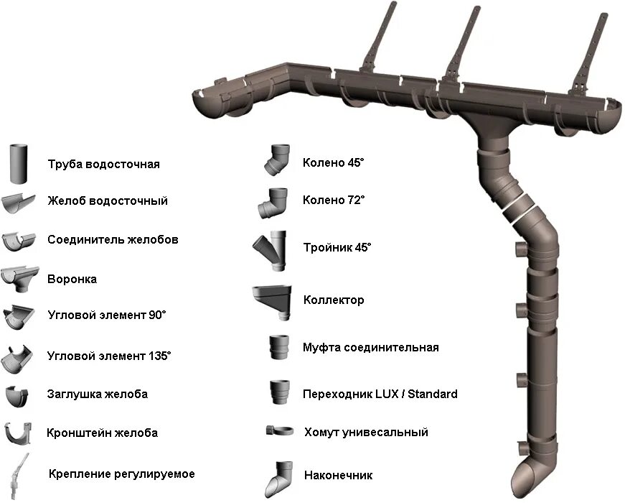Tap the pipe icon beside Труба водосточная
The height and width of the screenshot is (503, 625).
tap(19, 164)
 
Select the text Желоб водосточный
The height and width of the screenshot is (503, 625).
tap(108, 200)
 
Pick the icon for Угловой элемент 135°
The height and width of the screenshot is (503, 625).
tap(19, 356)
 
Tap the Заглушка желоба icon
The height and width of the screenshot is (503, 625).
tap(18, 395)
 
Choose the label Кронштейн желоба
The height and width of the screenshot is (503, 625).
tap(102, 433)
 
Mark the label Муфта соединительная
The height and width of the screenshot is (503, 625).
tap(370, 348)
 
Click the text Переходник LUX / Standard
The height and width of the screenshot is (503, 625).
tap(380, 394)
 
